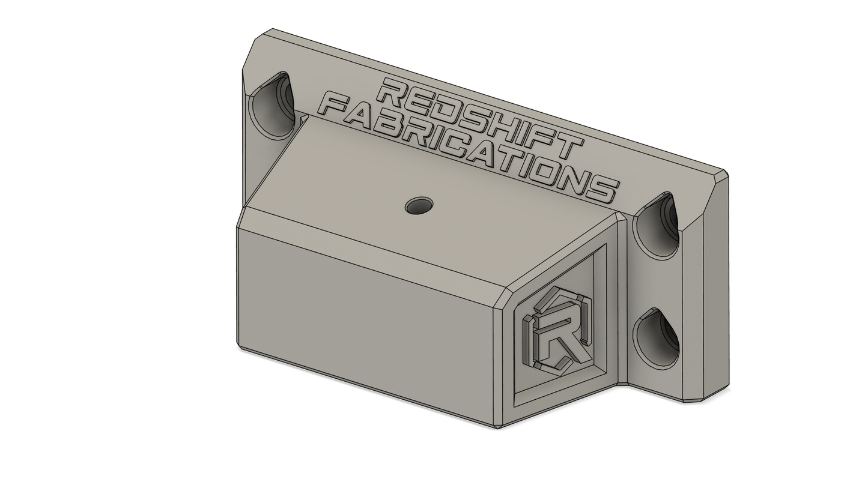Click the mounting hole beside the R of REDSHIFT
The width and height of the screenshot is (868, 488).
pos(271,106)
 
